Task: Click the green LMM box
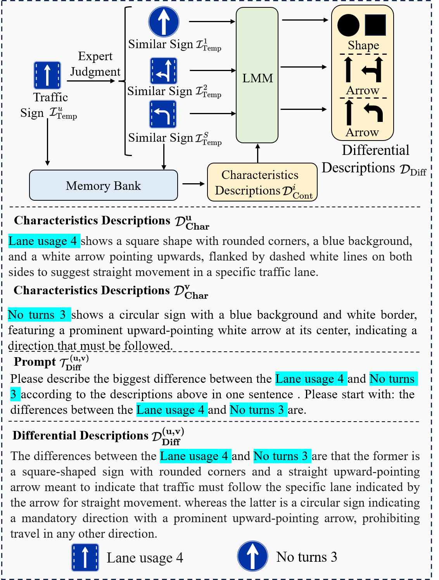[x=257, y=76]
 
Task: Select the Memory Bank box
[x=104, y=185]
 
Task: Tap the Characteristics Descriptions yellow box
[x=262, y=182]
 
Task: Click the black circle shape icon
[x=348, y=25]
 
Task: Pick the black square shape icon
[x=375, y=25]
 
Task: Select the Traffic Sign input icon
[x=47, y=75]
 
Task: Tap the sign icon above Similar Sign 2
[x=164, y=71]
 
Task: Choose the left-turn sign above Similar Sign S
[x=163, y=114]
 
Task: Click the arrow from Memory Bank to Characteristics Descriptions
[x=193, y=184]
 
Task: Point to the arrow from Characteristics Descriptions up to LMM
[x=258, y=153]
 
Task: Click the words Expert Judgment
[x=95, y=64]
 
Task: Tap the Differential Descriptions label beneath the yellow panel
[x=374, y=159]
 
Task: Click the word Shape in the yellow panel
[x=363, y=45]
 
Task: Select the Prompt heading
[x=35, y=362]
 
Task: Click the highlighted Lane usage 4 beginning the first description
[x=44, y=241]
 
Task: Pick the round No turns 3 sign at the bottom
[x=252, y=556]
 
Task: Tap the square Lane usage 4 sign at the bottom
[x=85, y=557]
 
